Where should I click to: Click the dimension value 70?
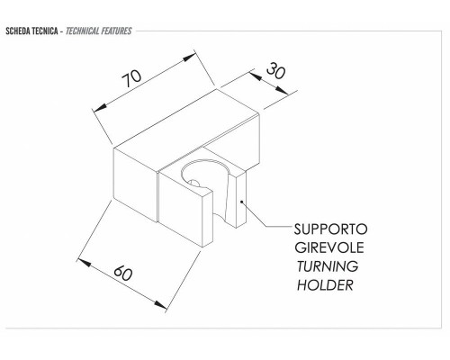131,78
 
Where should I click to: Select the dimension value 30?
276,71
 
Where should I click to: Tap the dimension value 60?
123,273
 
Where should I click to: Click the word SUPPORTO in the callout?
330,229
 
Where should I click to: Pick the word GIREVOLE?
329,247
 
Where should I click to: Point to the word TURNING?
328,266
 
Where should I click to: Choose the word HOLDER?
325,285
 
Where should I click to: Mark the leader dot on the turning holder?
241,202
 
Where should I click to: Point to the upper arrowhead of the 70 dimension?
189,58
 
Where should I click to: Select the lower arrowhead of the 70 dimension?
101,108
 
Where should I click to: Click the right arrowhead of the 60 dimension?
160,305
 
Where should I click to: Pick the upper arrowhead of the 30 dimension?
255,76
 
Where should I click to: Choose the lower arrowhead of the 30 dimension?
282,91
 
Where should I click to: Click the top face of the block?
186,120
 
